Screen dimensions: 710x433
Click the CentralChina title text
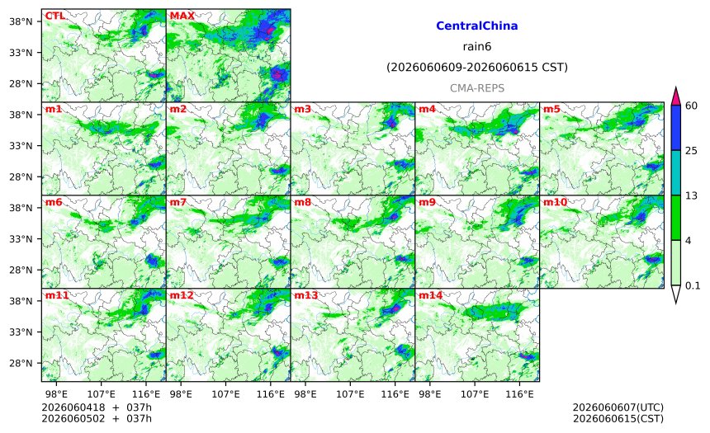click(477, 26)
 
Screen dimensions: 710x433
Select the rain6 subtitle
click(477, 47)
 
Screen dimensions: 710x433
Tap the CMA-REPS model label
click(477, 88)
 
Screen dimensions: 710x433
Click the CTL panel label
click(54, 16)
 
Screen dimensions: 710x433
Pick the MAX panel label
click(182, 16)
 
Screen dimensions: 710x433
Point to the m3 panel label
click(302, 109)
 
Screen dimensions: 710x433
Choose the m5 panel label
click(551, 109)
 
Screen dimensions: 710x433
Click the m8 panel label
click(302, 202)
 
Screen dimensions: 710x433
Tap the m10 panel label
click(555, 202)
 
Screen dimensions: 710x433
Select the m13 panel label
click(306, 295)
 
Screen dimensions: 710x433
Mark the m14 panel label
click(430, 295)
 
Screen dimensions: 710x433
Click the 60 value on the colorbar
click(692, 106)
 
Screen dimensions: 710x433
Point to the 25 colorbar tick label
click(692, 151)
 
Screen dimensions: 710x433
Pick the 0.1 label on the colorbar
click(693, 285)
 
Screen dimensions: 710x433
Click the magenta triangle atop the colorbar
click(676, 96)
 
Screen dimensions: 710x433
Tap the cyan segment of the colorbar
click(676, 173)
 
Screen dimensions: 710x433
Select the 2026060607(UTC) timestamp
click(618, 407)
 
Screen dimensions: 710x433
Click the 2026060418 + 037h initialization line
click(97, 407)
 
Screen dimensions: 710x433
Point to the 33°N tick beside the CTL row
click(21, 53)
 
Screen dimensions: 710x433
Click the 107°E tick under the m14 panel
click(475, 394)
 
